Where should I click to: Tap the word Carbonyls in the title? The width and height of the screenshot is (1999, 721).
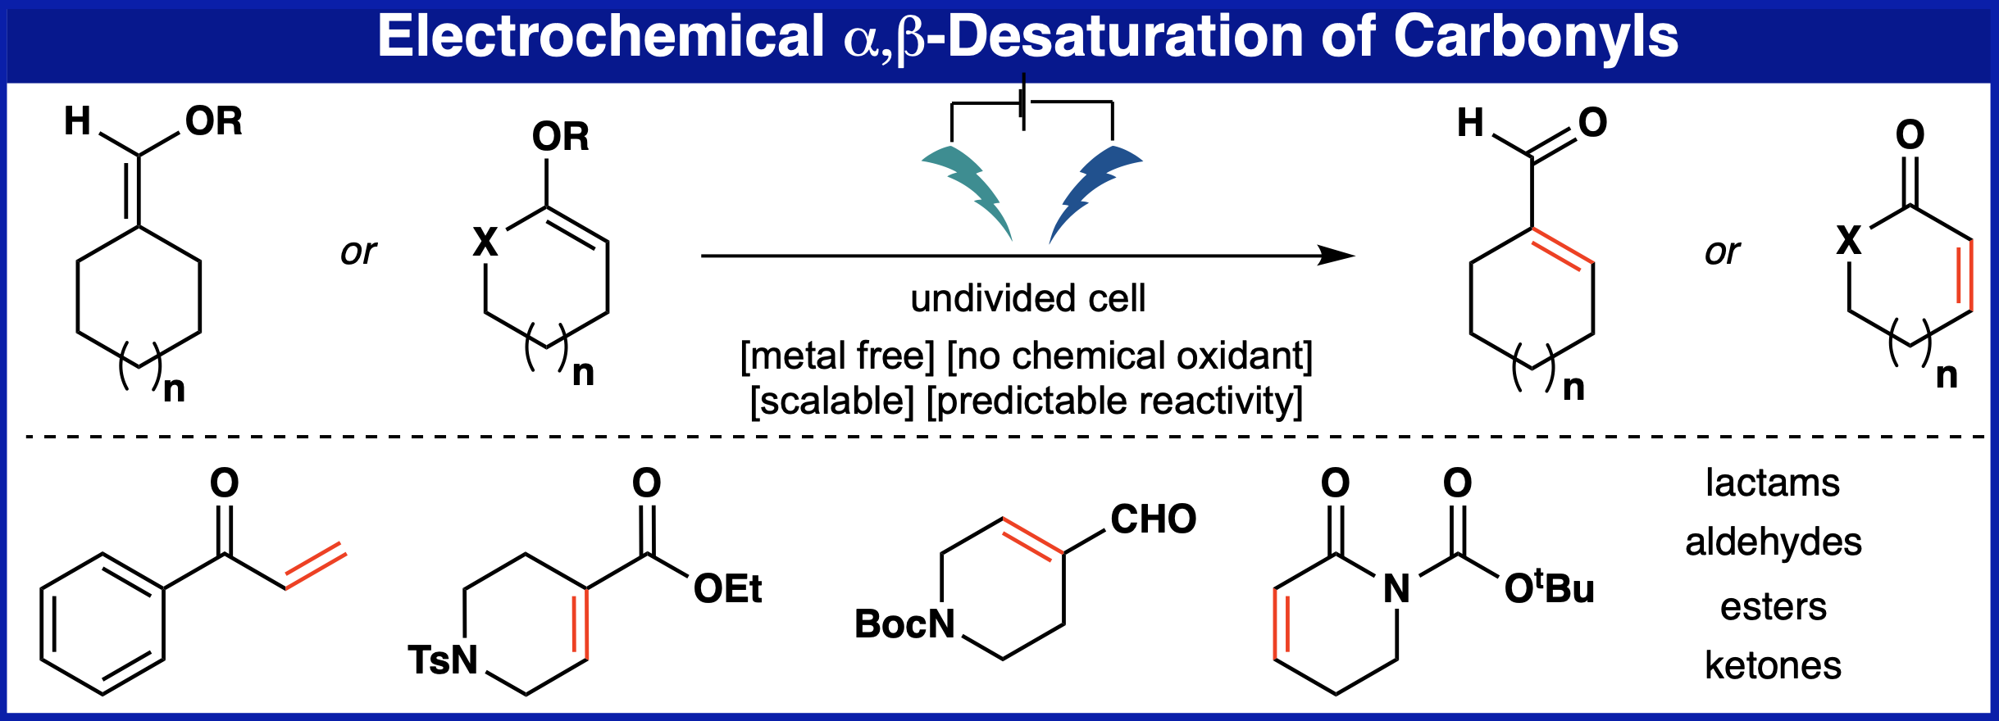point(1536,38)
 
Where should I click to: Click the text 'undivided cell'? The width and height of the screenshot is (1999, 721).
point(1027,298)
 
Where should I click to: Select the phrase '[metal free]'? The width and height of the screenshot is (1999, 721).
point(837,356)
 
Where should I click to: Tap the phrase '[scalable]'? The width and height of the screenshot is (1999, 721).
point(831,401)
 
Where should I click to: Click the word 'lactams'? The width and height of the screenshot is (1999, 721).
point(1772,483)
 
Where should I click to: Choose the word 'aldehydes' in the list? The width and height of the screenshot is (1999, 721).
point(1773,542)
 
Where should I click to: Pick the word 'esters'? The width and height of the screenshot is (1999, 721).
point(1773,607)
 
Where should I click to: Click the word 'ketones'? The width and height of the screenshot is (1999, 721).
point(1773,665)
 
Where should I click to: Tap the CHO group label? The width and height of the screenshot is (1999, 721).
point(1153,519)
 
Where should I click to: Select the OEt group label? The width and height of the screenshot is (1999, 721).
point(727,589)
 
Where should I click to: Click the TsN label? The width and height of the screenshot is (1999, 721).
point(443,660)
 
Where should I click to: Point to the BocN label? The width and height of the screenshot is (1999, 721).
point(904,624)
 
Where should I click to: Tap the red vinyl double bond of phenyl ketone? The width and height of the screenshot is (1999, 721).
point(316,565)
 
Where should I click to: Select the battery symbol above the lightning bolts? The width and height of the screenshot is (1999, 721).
point(1023,102)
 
